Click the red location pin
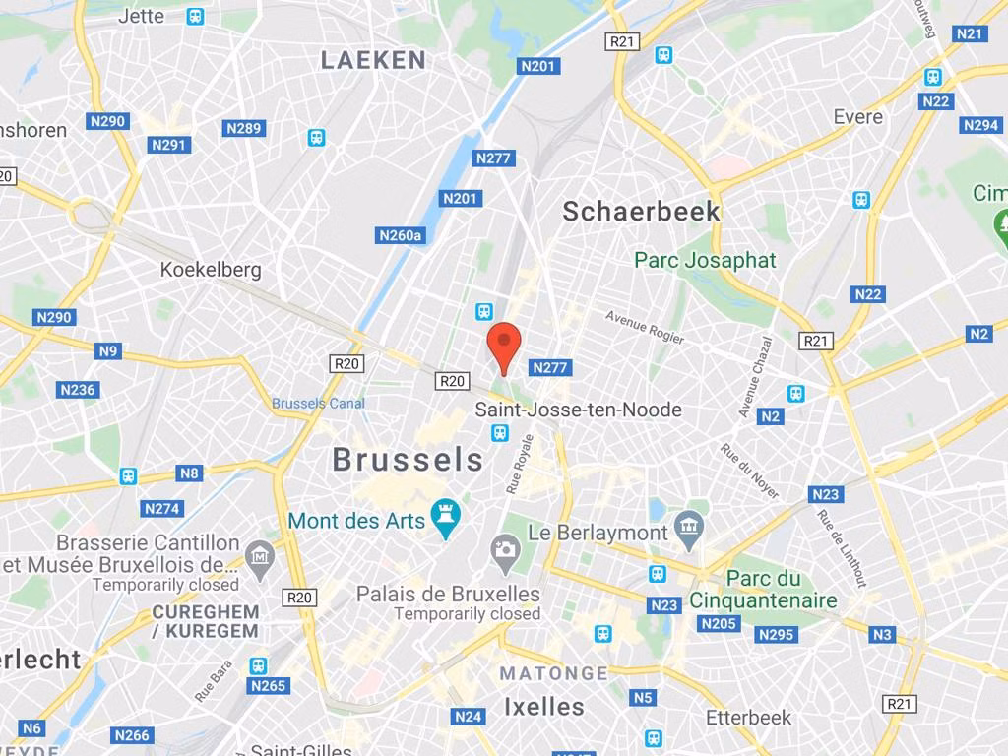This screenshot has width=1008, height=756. pos(504,346)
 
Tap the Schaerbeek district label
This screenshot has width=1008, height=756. pos(641,211)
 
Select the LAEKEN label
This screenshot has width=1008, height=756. pos(374,60)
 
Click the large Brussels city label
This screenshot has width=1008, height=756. pos(408,460)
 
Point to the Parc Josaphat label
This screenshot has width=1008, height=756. pos(705,261)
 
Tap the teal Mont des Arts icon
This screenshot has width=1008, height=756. pos(446,519)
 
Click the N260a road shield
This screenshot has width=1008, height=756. pos(401,235)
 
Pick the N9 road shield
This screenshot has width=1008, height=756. pos(108,351)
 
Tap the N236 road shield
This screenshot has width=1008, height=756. pos(78,390)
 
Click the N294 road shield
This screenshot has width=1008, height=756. pos(980,125)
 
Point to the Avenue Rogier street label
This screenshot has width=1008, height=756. pos(645,328)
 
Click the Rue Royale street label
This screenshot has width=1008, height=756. pos(520,464)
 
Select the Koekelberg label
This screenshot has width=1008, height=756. pos(211,270)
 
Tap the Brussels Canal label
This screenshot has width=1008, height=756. pos(318,403)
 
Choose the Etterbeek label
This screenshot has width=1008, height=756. pos(749,718)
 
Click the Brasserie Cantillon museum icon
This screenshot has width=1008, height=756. pos(260,553)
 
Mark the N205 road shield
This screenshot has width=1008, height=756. pos(720,623)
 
